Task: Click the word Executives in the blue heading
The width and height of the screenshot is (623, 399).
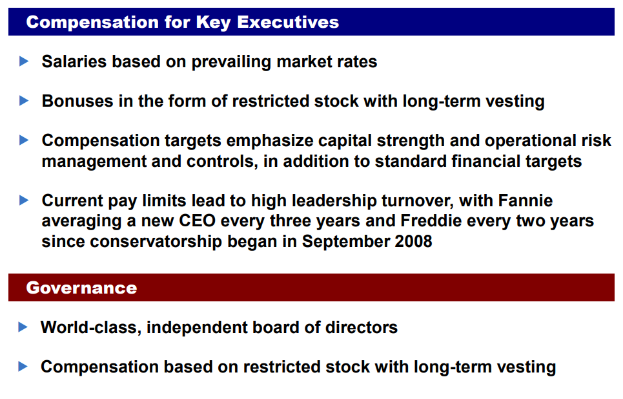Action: pyautogui.click(x=288, y=22)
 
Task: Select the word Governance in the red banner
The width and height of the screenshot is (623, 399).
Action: pyautogui.click(x=81, y=288)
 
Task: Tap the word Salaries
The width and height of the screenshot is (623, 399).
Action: pyautogui.click(x=74, y=61)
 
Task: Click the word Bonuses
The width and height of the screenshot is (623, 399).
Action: pyautogui.click(x=77, y=101)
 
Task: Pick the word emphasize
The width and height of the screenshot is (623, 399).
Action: pyautogui.click(x=270, y=141)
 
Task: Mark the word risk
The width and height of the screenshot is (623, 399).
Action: pyautogui.click(x=600, y=140)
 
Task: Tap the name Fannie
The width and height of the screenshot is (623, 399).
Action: pyautogui.click(x=526, y=200)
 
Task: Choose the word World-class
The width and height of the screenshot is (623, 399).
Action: pyautogui.click(x=91, y=327)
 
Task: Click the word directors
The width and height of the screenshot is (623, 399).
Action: pyautogui.click(x=361, y=327)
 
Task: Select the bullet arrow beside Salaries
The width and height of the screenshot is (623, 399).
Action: pyautogui.click(x=24, y=61)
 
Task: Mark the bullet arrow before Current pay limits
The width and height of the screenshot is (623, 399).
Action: pyautogui.click(x=24, y=200)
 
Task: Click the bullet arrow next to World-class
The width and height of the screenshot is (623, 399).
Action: pyautogui.click(x=23, y=327)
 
